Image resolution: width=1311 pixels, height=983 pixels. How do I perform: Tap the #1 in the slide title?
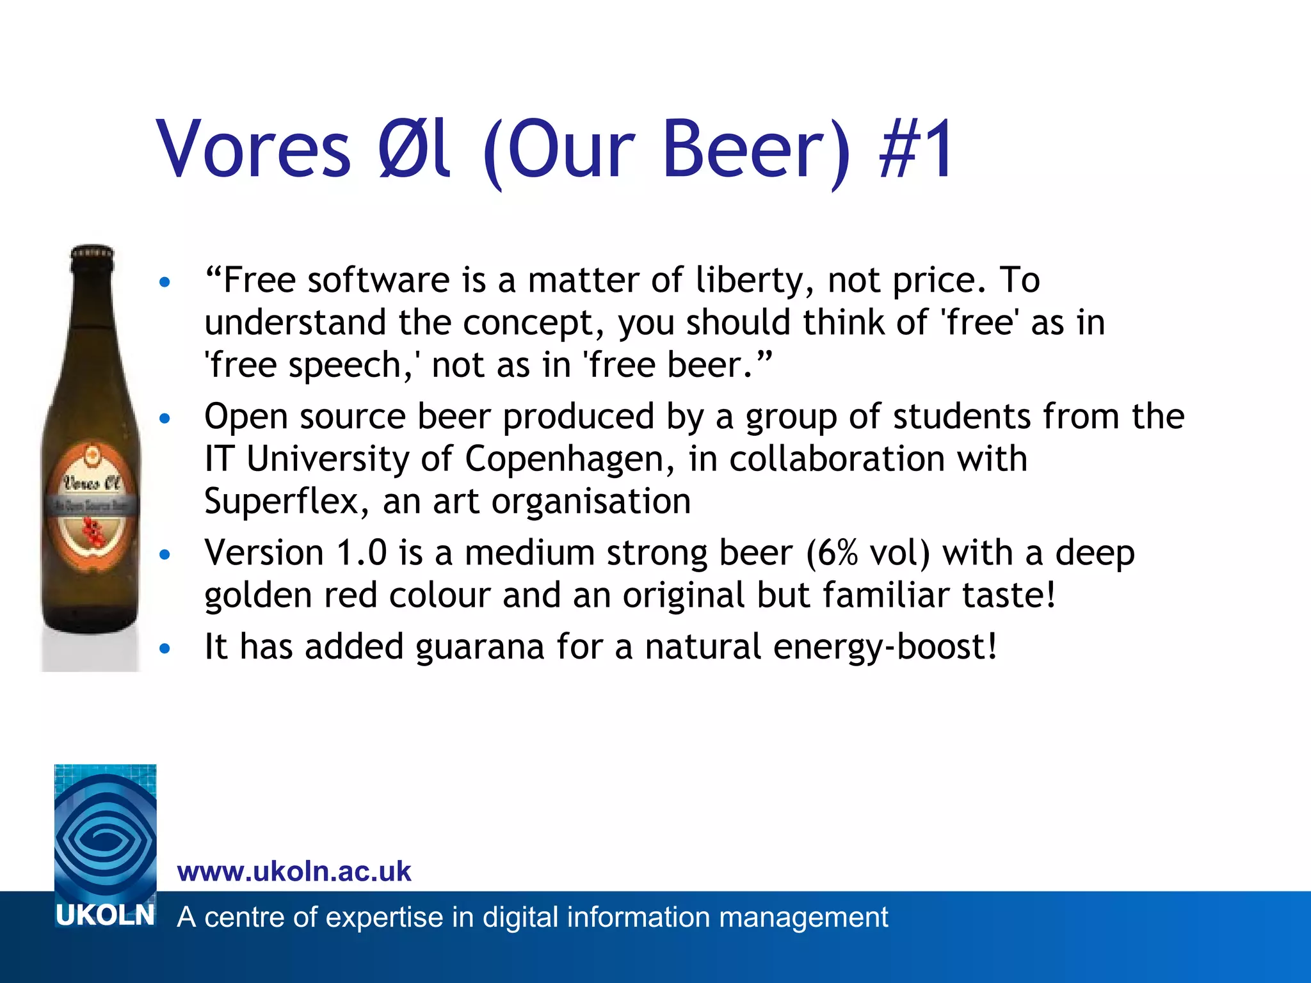(x=917, y=150)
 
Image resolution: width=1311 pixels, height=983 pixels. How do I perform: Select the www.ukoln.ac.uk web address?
(x=294, y=872)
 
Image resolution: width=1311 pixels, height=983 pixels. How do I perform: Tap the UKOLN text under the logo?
(x=105, y=916)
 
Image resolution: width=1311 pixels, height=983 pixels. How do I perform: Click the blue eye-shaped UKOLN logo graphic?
(x=105, y=832)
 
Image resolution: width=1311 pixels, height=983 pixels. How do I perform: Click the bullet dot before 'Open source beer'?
(x=165, y=419)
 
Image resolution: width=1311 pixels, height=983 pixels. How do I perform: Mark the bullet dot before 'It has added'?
(x=165, y=649)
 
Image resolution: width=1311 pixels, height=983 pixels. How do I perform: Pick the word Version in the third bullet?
(x=264, y=553)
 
